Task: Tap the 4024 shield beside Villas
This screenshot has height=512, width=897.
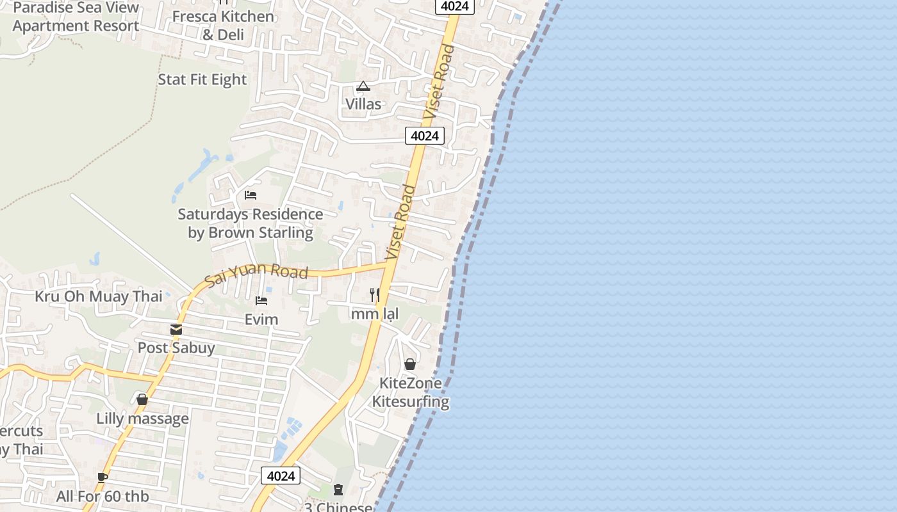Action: tap(424, 136)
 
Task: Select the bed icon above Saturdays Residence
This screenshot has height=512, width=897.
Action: tap(251, 195)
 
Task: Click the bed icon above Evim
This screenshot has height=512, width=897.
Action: tap(261, 300)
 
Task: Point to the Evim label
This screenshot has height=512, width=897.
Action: tap(261, 319)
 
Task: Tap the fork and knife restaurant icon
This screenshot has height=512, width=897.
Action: tap(375, 295)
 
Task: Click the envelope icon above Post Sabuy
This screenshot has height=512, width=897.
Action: tap(176, 330)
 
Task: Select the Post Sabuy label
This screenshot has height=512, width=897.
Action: tap(176, 348)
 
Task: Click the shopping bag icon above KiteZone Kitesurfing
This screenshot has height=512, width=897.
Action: tap(410, 364)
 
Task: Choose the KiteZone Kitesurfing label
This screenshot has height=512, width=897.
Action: tap(410, 392)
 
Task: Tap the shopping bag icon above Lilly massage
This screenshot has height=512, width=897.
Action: tap(142, 399)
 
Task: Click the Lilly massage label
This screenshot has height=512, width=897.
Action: tap(142, 419)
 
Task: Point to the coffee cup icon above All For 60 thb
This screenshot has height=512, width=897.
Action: tap(103, 477)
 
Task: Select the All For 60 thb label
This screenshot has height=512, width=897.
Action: tap(103, 496)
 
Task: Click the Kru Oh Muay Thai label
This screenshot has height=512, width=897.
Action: tap(98, 296)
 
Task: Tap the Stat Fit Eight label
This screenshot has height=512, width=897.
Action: tap(202, 79)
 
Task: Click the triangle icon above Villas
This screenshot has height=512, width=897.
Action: tap(363, 86)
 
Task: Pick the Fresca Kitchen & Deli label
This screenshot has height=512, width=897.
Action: tap(223, 25)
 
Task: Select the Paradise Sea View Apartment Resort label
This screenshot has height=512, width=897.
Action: tap(76, 17)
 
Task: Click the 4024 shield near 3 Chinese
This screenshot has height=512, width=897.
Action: tap(281, 476)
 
